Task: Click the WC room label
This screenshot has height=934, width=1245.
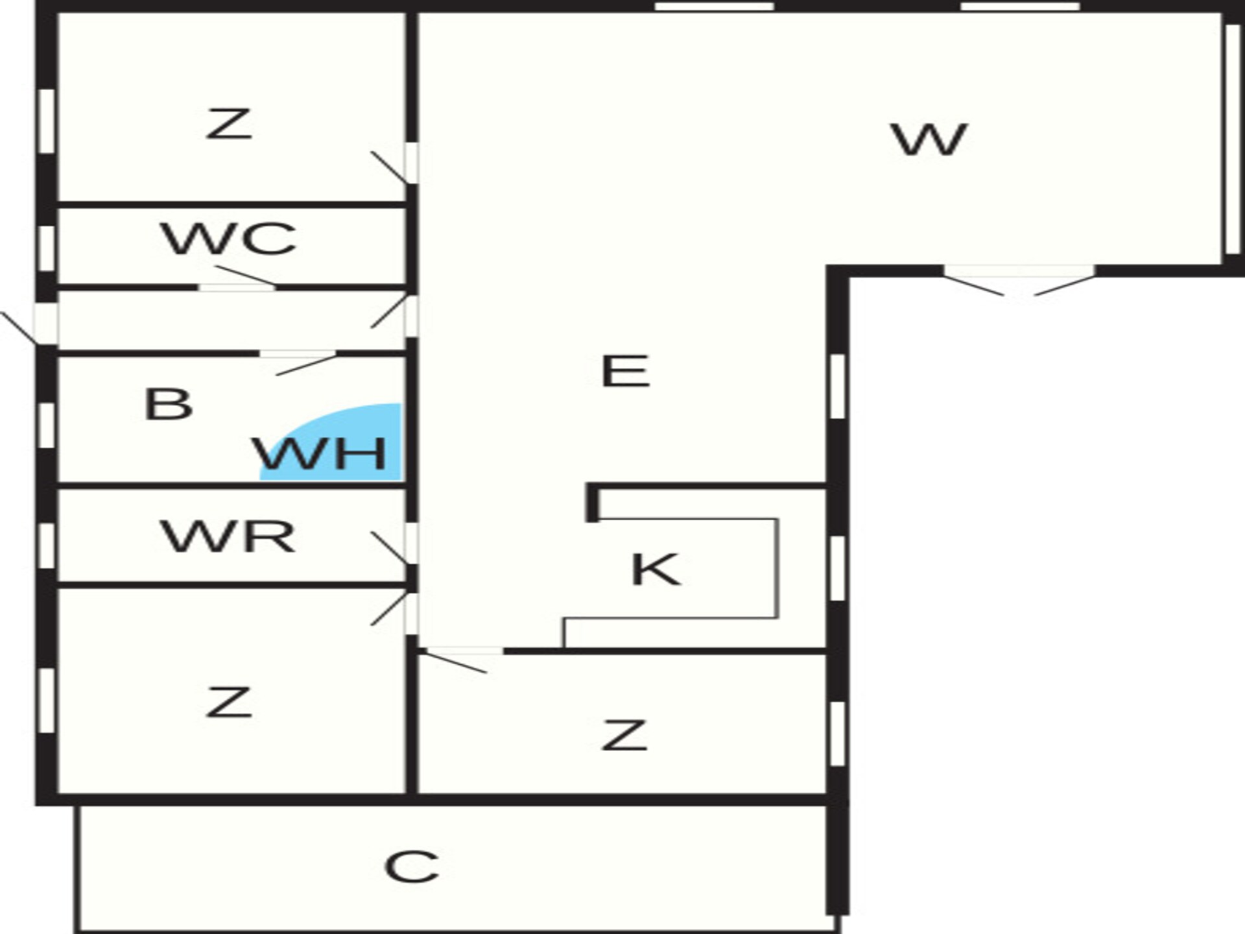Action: click(229, 239)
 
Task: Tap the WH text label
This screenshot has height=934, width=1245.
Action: click(320, 453)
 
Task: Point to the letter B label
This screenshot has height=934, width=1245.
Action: click(169, 404)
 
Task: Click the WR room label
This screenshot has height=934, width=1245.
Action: click(228, 536)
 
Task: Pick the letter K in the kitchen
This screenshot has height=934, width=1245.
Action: click(656, 569)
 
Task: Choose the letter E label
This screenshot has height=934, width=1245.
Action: click(625, 371)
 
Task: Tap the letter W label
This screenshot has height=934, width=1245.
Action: click(930, 139)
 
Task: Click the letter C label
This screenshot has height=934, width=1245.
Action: click(412, 867)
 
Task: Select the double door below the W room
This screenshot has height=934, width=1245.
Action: click(1019, 281)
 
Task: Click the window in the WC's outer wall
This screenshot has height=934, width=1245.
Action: click(47, 248)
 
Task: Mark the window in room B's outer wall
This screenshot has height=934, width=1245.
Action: click(47, 425)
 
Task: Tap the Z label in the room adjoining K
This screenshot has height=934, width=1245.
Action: click(624, 735)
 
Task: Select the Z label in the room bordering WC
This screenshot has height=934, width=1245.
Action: click(228, 123)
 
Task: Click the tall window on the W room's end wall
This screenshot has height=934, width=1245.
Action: click(1233, 139)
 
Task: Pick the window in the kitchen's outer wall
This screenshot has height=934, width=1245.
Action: click(838, 568)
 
